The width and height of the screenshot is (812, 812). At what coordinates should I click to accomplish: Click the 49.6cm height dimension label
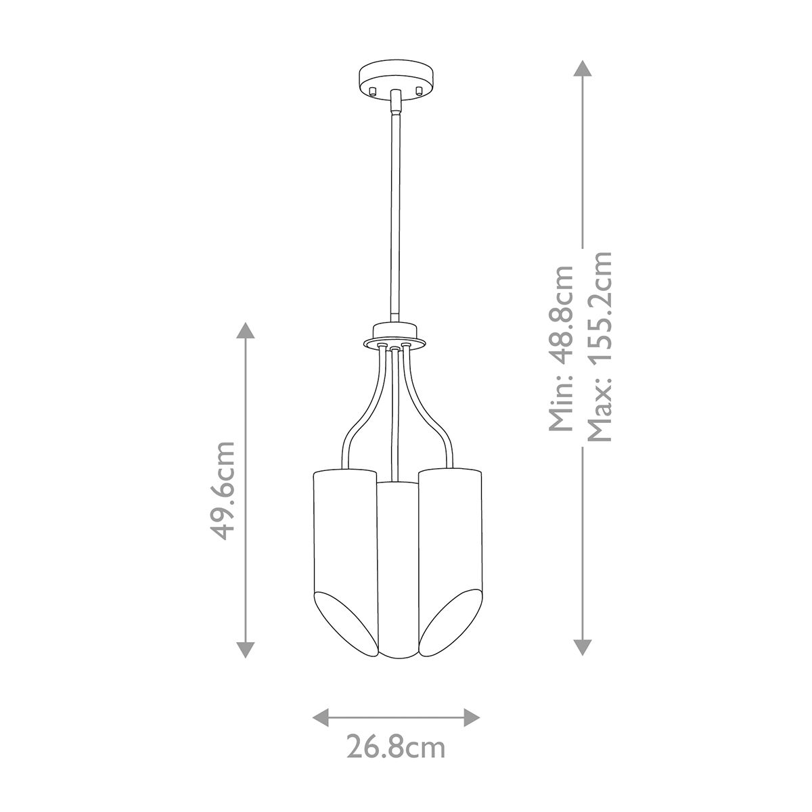click(223, 491)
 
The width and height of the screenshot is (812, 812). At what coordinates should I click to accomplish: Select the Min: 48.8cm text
click(562, 348)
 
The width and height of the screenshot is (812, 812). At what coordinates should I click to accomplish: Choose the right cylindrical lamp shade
click(452, 535)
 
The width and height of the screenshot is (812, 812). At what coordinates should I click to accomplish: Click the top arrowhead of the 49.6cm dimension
click(245, 332)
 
